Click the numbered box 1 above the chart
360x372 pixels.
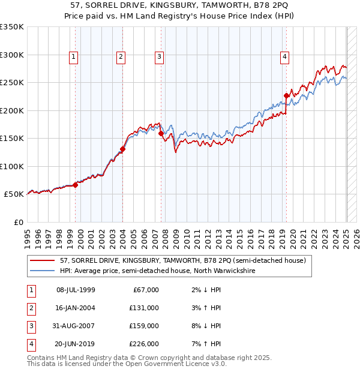[x=73, y=57]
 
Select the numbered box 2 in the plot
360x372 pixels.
[x=121, y=57]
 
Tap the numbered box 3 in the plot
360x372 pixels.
[x=160, y=57]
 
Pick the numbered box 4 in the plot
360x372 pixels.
[x=284, y=57]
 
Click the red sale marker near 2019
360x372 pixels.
[x=287, y=95]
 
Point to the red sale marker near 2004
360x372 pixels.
[x=122, y=149]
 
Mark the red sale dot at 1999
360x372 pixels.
[x=75, y=185]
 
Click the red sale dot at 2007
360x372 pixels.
[x=161, y=133]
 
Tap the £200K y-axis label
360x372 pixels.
[x=12, y=110]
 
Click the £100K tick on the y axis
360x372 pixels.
[x=12, y=166]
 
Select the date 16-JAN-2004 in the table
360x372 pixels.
[x=76, y=308]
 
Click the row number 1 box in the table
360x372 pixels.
[x=30, y=290]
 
